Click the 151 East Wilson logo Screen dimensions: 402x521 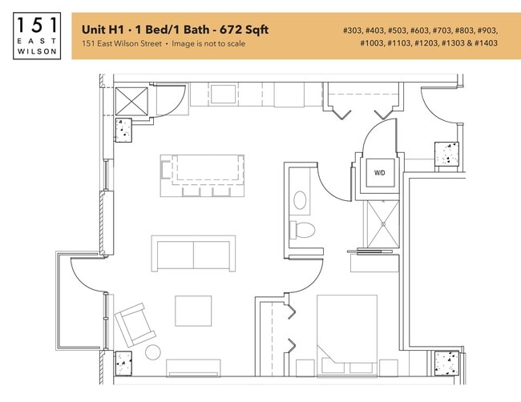tap(37, 35)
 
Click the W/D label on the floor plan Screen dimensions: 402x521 tap(378, 172)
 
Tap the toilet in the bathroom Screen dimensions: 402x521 tap(303, 230)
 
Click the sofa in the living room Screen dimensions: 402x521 tap(194, 253)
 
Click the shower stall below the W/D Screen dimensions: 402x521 tap(382, 224)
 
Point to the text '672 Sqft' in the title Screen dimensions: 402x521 tap(245, 30)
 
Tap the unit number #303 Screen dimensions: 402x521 tap(353, 30)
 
